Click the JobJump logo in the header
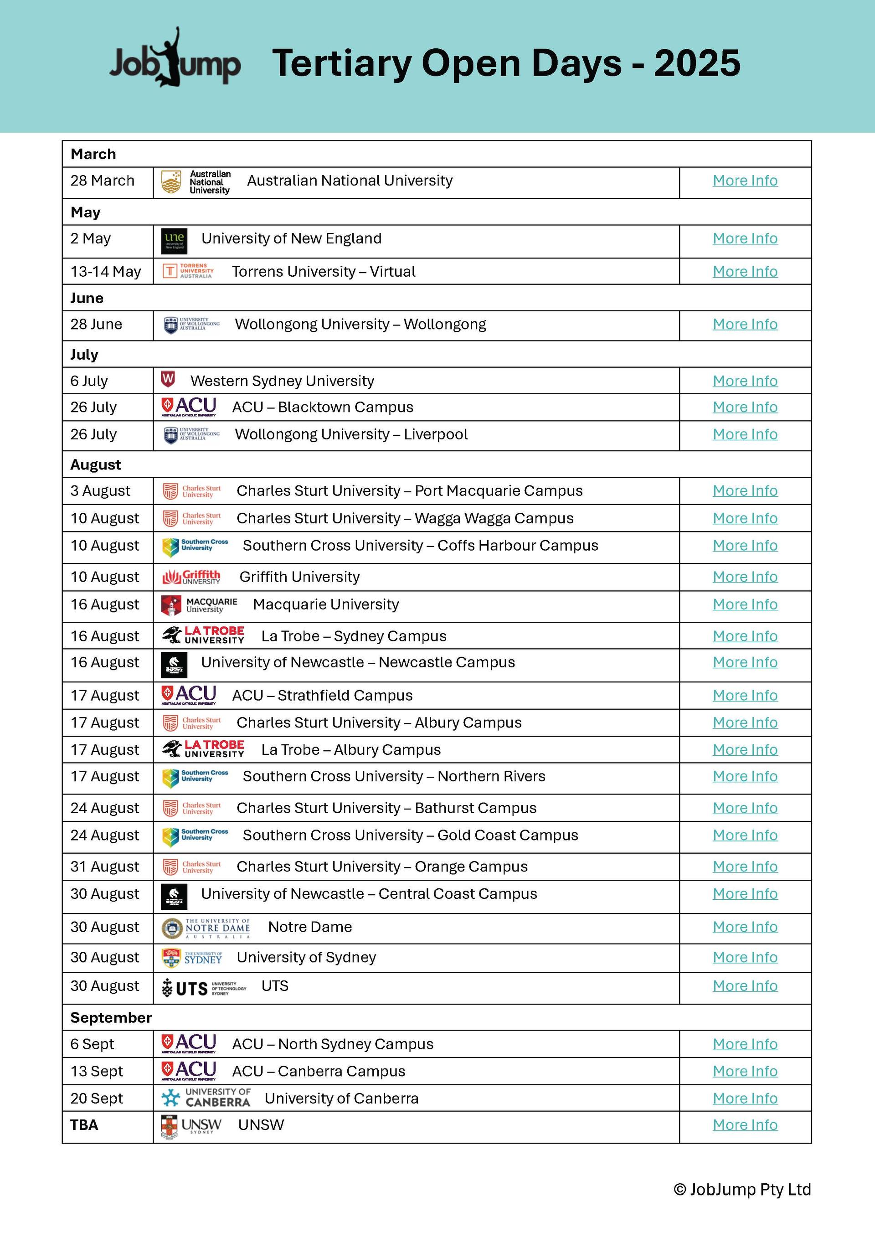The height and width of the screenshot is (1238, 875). pyautogui.click(x=175, y=60)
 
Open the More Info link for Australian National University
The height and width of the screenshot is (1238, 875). pyautogui.click(x=745, y=181)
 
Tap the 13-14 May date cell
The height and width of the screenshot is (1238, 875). pyautogui.click(x=106, y=272)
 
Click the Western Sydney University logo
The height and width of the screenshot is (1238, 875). pyautogui.click(x=168, y=380)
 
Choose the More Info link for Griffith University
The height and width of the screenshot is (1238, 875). pyautogui.click(x=745, y=577)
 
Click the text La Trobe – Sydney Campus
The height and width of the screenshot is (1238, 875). pyautogui.click(x=354, y=636)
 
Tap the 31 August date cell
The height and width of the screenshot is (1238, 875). pyautogui.click(x=105, y=867)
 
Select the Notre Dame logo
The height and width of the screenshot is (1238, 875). pyautogui.click(x=206, y=928)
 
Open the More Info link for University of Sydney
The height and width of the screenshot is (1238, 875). pyautogui.click(x=745, y=957)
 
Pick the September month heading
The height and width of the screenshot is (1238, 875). pyautogui.click(x=111, y=1017)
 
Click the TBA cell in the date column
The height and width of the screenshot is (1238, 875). pyautogui.click(x=84, y=1125)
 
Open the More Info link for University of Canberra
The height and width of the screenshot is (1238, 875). pyautogui.click(x=745, y=1099)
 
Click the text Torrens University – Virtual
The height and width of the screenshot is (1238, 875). pyautogui.click(x=324, y=272)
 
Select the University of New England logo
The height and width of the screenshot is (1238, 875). pyautogui.click(x=174, y=241)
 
